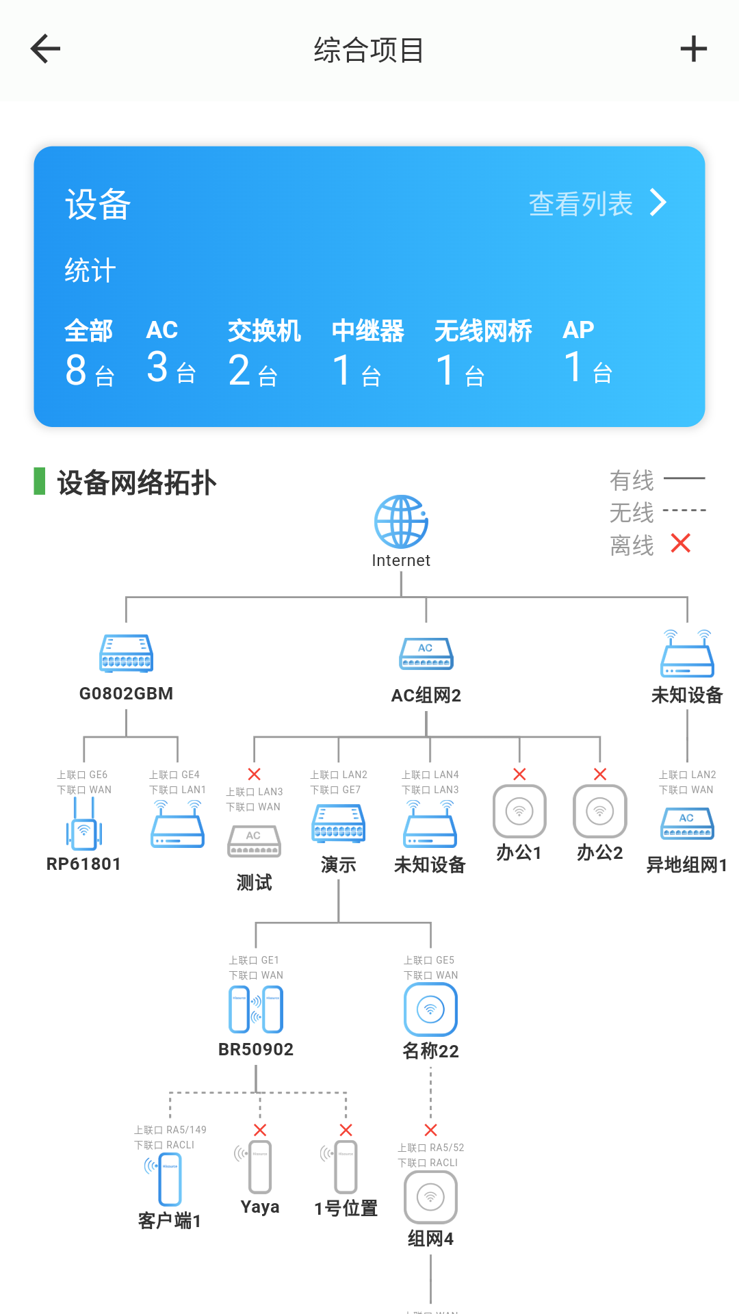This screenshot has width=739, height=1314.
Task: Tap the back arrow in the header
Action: tap(46, 49)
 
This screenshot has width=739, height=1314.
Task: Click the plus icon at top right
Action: tap(693, 49)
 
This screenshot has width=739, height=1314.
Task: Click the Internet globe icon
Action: tap(401, 521)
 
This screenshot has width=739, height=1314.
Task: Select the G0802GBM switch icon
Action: tap(126, 653)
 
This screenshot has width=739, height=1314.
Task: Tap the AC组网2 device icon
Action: tap(426, 654)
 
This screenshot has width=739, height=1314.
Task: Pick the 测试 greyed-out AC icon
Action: tap(254, 842)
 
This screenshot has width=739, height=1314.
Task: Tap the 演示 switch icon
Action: tap(339, 823)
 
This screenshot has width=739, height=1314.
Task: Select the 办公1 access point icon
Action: tap(519, 811)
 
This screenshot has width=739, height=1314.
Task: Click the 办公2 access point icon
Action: tap(600, 811)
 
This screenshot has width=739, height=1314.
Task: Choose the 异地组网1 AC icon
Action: tap(687, 823)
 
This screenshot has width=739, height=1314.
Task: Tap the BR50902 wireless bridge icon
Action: tap(256, 1009)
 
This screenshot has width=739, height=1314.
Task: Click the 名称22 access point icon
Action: tap(430, 1009)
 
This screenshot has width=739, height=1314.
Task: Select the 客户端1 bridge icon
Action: tap(169, 1178)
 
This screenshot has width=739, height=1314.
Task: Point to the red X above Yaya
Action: tap(260, 1130)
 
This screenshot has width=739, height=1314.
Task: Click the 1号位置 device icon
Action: tap(345, 1167)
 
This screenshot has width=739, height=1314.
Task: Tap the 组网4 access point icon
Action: tap(430, 1197)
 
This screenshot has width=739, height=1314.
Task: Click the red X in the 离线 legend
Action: tap(681, 543)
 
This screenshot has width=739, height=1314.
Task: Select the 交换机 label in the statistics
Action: tap(264, 331)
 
